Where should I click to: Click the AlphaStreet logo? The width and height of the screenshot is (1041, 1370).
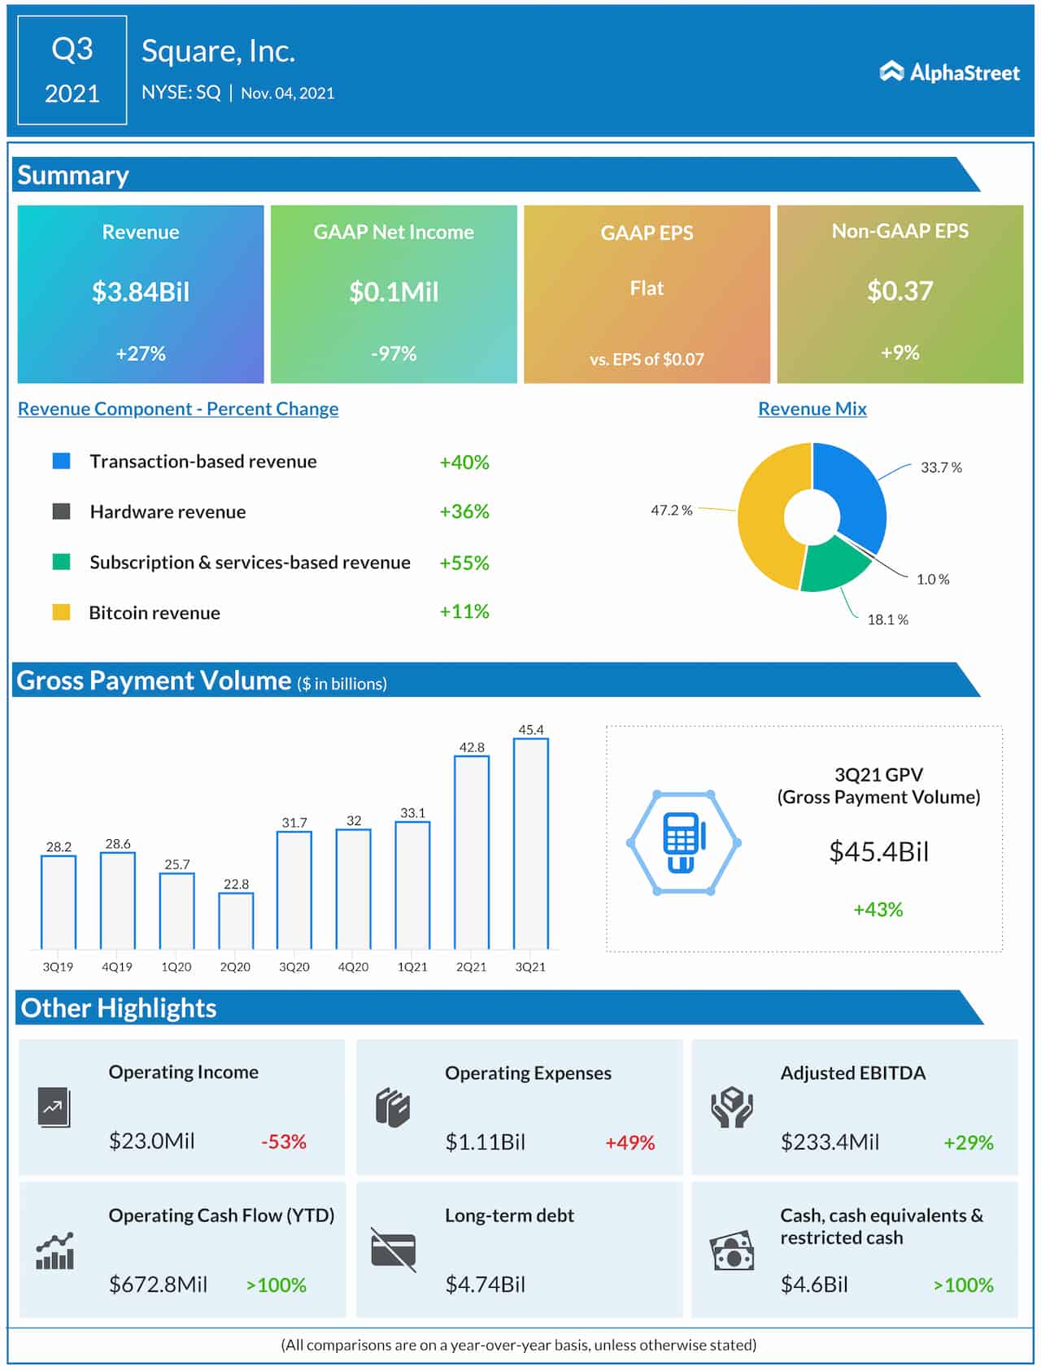pyautogui.click(x=949, y=72)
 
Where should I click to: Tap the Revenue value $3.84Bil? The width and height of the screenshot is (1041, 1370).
pyautogui.click(x=141, y=292)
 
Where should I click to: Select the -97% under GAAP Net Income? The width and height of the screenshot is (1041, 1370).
pyautogui.click(x=394, y=354)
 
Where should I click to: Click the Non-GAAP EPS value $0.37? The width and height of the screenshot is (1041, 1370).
pyautogui.click(x=899, y=291)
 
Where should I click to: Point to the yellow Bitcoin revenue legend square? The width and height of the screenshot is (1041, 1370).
pyautogui.click(x=61, y=612)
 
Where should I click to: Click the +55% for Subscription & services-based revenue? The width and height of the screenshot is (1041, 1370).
pyautogui.click(x=464, y=563)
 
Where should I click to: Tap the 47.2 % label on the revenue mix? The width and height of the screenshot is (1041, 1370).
pyautogui.click(x=671, y=511)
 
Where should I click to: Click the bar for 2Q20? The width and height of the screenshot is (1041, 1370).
pyautogui.click(x=236, y=920)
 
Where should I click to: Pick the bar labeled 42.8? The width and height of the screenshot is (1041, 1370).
pyautogui.click(x=472, y=851)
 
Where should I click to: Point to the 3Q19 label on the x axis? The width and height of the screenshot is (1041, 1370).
pyautogui.click(x=58, y=967)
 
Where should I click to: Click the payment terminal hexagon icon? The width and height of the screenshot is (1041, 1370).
pyautogui.click(x=683, y=842)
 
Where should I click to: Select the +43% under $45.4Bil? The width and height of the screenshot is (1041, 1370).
pyautogui.click(x=878, y=910)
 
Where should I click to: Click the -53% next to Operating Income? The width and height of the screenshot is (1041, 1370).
pyautogui.click(x=283, y=1142)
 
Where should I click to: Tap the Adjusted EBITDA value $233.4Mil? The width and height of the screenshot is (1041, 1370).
pyautogui.click(x=830, y=1142)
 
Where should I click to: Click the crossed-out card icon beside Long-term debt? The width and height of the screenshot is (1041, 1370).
pyautogui.click(x=394, y=1250)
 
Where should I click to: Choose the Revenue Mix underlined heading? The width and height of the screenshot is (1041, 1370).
pyautogui.click(x=812, y=409)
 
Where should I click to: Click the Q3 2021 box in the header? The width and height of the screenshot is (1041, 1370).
pyautogui.click(x=72, y=71)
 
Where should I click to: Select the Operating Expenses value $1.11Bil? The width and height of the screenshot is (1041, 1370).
pyautogui.click(x=486, y=1142)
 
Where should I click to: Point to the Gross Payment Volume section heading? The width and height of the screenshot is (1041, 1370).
pyautogui.click(x=154, y=681)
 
